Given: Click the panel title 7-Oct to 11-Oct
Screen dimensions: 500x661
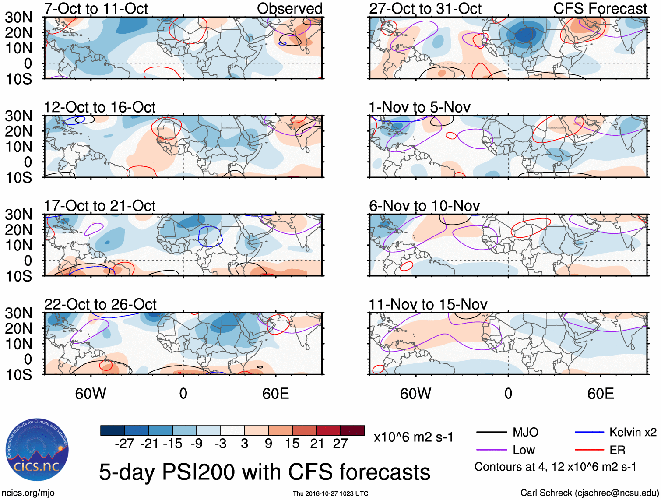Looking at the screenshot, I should click(96, 8).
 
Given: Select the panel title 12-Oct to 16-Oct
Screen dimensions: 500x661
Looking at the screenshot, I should click(99, 107).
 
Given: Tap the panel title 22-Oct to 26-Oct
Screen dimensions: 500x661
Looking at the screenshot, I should click(100, 304).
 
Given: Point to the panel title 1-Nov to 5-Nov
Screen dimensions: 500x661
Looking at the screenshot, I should click(419, 107).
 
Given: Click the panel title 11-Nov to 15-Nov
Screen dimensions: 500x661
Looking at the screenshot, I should click(428, 304).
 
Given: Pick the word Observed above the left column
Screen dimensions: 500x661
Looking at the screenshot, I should click(289, 8).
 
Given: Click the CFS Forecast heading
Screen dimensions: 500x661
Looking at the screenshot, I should click(600, 8).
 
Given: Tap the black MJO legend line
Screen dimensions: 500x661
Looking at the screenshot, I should click(491, 433).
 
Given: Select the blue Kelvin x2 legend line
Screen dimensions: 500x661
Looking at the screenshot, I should click(589, 433).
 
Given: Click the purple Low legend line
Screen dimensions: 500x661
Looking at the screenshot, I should click(491, 450).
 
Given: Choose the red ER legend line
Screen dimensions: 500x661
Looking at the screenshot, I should click(589, 450).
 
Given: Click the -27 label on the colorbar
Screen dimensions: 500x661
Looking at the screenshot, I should click(124, 444).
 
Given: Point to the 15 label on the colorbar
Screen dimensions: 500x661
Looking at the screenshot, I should click(292, 444).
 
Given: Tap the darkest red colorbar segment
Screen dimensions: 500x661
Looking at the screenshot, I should click(352, 430).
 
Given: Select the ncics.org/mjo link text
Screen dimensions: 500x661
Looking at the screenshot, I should click(28, 493).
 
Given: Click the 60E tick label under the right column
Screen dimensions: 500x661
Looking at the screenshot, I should click(600, 394).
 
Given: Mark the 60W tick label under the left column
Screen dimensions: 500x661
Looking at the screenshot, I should click(91, 394).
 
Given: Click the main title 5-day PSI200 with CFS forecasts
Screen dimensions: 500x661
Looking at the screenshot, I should click(264, 472).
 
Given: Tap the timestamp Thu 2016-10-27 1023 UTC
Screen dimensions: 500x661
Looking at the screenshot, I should click(330, 493).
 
